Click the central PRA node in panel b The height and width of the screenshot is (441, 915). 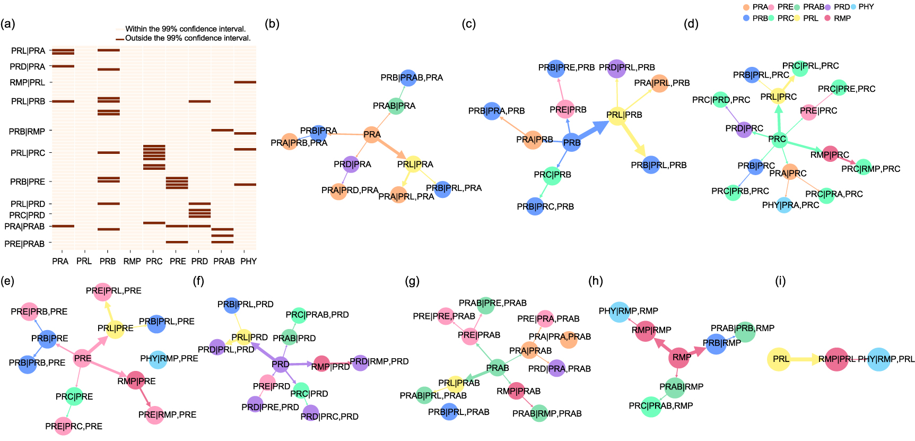click(x=372, y=135)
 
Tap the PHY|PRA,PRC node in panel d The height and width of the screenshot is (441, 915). click(x=785, y=205)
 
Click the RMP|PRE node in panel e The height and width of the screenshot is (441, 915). click(x=136, y=381)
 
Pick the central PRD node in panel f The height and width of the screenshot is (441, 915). click(x=281, y=364)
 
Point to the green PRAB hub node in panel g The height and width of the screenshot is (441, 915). click(x=497, y=368)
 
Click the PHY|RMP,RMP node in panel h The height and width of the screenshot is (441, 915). click(x=619, y=312)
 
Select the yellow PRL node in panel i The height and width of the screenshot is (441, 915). click(x=779, y=359)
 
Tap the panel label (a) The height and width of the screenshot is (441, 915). click(x=8, y=24)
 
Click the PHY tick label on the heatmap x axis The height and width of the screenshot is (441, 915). click(x=248, y=261)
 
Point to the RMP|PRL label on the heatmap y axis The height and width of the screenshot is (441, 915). click(x=28, y=83)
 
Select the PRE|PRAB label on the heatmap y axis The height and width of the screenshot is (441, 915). click(x=24, y=244)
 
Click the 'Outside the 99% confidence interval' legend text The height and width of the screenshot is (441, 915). click(x=188, y=38)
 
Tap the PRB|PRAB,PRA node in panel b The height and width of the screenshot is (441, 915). click(x=408, y=78)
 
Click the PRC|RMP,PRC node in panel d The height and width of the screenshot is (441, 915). click(x=864, y=167)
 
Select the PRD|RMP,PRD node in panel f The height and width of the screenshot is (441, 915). click(x=360, y=363)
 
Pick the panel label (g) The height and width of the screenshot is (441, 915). click(x=412, y=281)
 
